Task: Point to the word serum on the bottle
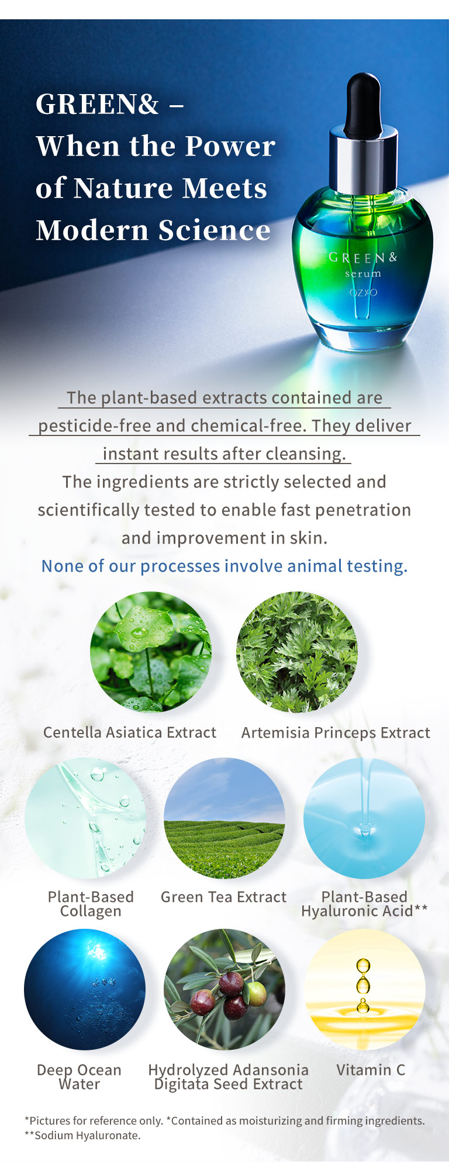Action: pyautogui.click(x=362, y=274)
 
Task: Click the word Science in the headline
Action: pyautogui.click(x=215, y=230)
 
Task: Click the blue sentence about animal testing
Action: pyautogui.click(x=224, y=566)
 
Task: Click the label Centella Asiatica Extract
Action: pyautogui.click(x=130, y=732)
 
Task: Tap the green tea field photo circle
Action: pyautogui.click(x=224, y=818)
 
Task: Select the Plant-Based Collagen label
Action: pyautogui.click(x=91, y=904)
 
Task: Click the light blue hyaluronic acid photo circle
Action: pyautogui.click(x=364, y=818)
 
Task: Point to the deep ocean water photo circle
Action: pyautogui.click(x=85, y=990)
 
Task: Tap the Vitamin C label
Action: pyautogui.click(x=371, y=1070)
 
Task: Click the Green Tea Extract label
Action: pyautogui.click(x=224, y=897)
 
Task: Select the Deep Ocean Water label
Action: pyautogui.click(x=79, y=1077)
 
